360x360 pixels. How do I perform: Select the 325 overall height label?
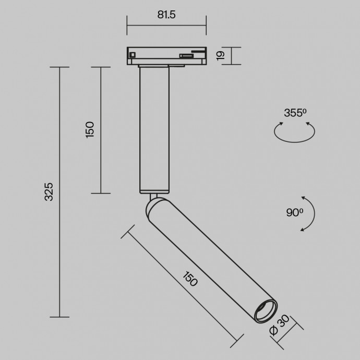pyautogui.click(x=49, y=191)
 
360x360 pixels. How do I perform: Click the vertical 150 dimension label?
pyautogui.click(x=90, y=129)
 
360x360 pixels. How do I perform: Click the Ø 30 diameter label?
pyautogui.click(x=278, y=324)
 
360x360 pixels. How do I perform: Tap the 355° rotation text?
pyautogui.click(x=295, y=113)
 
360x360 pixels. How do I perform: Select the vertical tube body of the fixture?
pyautogui.click(x=154, y=130)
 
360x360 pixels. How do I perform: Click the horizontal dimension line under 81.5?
pyautogui.click(x=166, y=25)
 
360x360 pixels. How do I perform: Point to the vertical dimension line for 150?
pyautogui.click(x=101, y=130)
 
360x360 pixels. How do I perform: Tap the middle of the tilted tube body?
pyautogui.click(x=207, y=256)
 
